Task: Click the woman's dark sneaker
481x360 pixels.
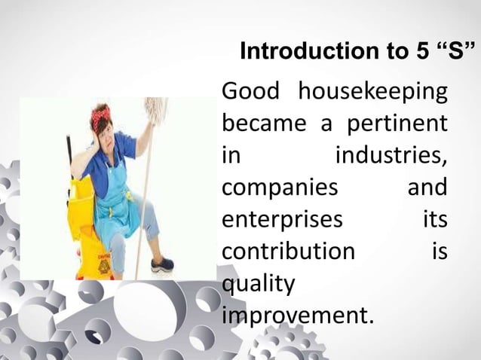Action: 162,264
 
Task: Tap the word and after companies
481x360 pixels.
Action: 427,187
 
